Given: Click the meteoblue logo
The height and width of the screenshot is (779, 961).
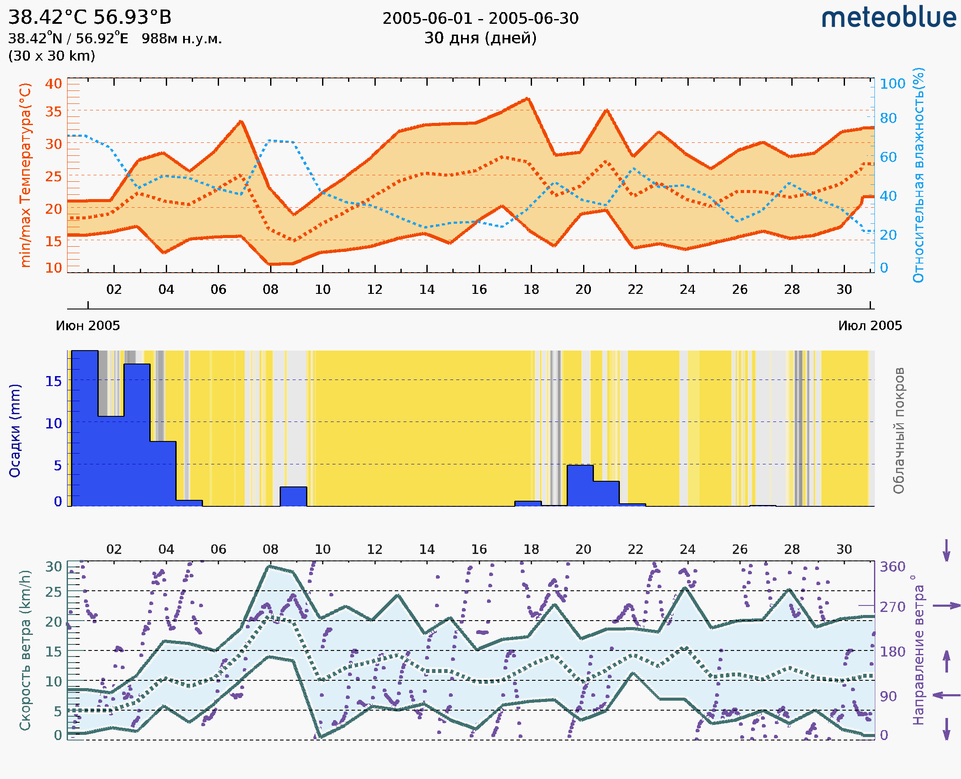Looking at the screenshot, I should pyautogui.click(x=889, y=18).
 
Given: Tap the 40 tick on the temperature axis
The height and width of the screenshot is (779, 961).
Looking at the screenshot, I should pyautogui.click(x=53, y=84).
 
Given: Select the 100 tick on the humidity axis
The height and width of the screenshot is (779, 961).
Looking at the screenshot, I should pyautogui.click(x=892, y=84).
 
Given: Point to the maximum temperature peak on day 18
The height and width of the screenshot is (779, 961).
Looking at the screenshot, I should pyautogui.click(x=528, y=99).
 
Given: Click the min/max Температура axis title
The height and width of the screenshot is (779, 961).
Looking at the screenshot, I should pyautogui.click(x=26, y=175).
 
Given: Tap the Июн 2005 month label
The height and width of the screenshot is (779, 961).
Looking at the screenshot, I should pyautogui.click(x=88, y=325).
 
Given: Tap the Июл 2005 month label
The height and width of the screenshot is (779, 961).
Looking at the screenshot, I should pyautogui.click(x=870, y=325).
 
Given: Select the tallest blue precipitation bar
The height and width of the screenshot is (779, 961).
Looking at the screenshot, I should pyautogui.click(x=85, y=428).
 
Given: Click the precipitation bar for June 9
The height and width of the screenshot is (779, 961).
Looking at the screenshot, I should pyautogui.click(x=293, y=496).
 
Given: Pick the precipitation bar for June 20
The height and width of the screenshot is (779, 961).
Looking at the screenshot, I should pyautogui.click(x=580, y=486).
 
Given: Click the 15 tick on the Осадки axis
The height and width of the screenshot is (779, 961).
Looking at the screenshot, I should pyautogui.click(x=53, y=381).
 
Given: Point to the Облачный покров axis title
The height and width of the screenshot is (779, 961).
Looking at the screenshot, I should pyautogui.click(x=899, y=431).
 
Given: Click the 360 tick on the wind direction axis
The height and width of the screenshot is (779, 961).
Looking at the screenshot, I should pyautogui.click(x=892, y=567).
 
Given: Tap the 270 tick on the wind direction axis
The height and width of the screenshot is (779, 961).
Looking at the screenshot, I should pyautogui.click(x=892, y=607).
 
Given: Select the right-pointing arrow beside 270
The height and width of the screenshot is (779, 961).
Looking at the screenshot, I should pyautogui.click(x=946, y=606).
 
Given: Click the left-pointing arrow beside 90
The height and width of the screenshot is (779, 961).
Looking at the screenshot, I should pyautogui.click(x=946, y=695).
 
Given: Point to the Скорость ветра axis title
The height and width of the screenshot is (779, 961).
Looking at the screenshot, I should pyautogui.click(x=25, y=650).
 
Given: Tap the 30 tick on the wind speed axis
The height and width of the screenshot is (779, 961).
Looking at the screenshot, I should pyautogui.click(x=53, y=567).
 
